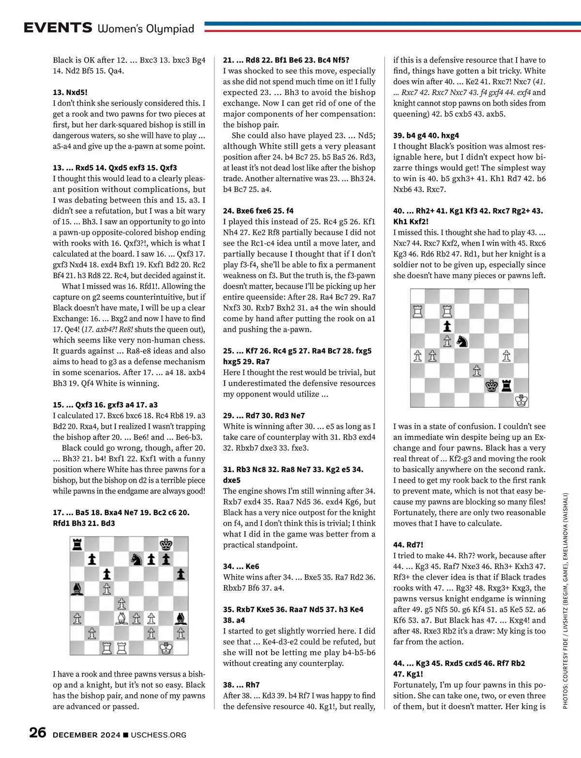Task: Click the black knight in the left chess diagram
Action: (x=137, y=559)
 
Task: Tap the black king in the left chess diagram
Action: (x=167, y=544)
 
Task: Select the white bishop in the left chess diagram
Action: (x=122, y=618)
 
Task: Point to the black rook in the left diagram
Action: (x=77, y=544)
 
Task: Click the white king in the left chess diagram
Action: (x=167, y=647)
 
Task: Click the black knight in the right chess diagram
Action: (x=462, y=341)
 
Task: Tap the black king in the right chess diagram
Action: (x=492, y=385)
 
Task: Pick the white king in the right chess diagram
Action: (x=521, y=400)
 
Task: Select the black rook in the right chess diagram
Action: (x=506, y=385)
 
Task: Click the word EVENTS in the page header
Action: (x=58, y=28)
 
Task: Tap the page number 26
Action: (x=37, y=733)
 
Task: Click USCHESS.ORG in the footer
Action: (x=158, y=735)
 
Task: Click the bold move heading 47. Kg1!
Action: (x=408, y=674)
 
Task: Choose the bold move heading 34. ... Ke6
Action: (x=241, y=566)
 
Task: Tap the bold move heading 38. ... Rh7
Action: (x=241, y=685)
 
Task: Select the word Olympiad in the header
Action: (x=170, y=29)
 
